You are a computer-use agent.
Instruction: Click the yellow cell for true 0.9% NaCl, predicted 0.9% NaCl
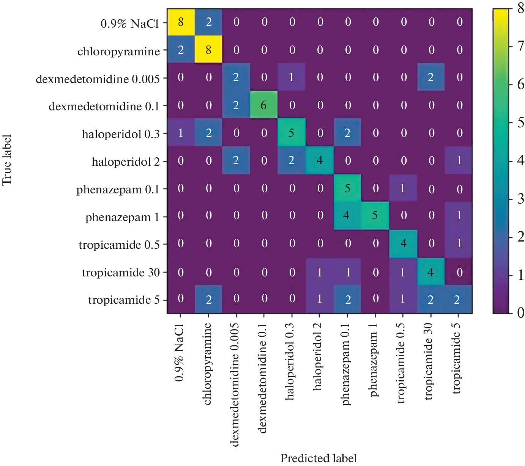tap(181, 22)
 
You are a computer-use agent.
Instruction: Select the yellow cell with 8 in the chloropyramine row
tap(208, 50)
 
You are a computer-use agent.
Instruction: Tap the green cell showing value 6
tap(264, 105)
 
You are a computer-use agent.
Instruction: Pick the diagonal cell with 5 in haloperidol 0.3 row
tap(292, 133)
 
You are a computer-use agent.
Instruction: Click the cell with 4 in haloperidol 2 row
tap(320, 161)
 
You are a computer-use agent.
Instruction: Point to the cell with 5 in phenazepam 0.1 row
tap(347, 188)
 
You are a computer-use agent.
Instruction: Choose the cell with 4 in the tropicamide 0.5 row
tap(403, 243)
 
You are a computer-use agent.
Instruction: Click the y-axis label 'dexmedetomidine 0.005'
tap(98, 79)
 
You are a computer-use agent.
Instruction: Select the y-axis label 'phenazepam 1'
tap(122, 218)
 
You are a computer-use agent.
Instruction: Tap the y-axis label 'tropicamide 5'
tap(124, 300)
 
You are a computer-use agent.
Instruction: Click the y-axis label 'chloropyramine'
tap(118, 52)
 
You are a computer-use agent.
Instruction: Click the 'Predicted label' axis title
tap(318, 458)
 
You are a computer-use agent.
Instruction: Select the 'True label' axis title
tap(7, 160)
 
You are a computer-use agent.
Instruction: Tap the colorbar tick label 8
tap(520, 8)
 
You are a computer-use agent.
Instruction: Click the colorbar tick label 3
tap(520, 199)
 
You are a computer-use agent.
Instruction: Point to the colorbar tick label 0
tap(520, 313)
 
